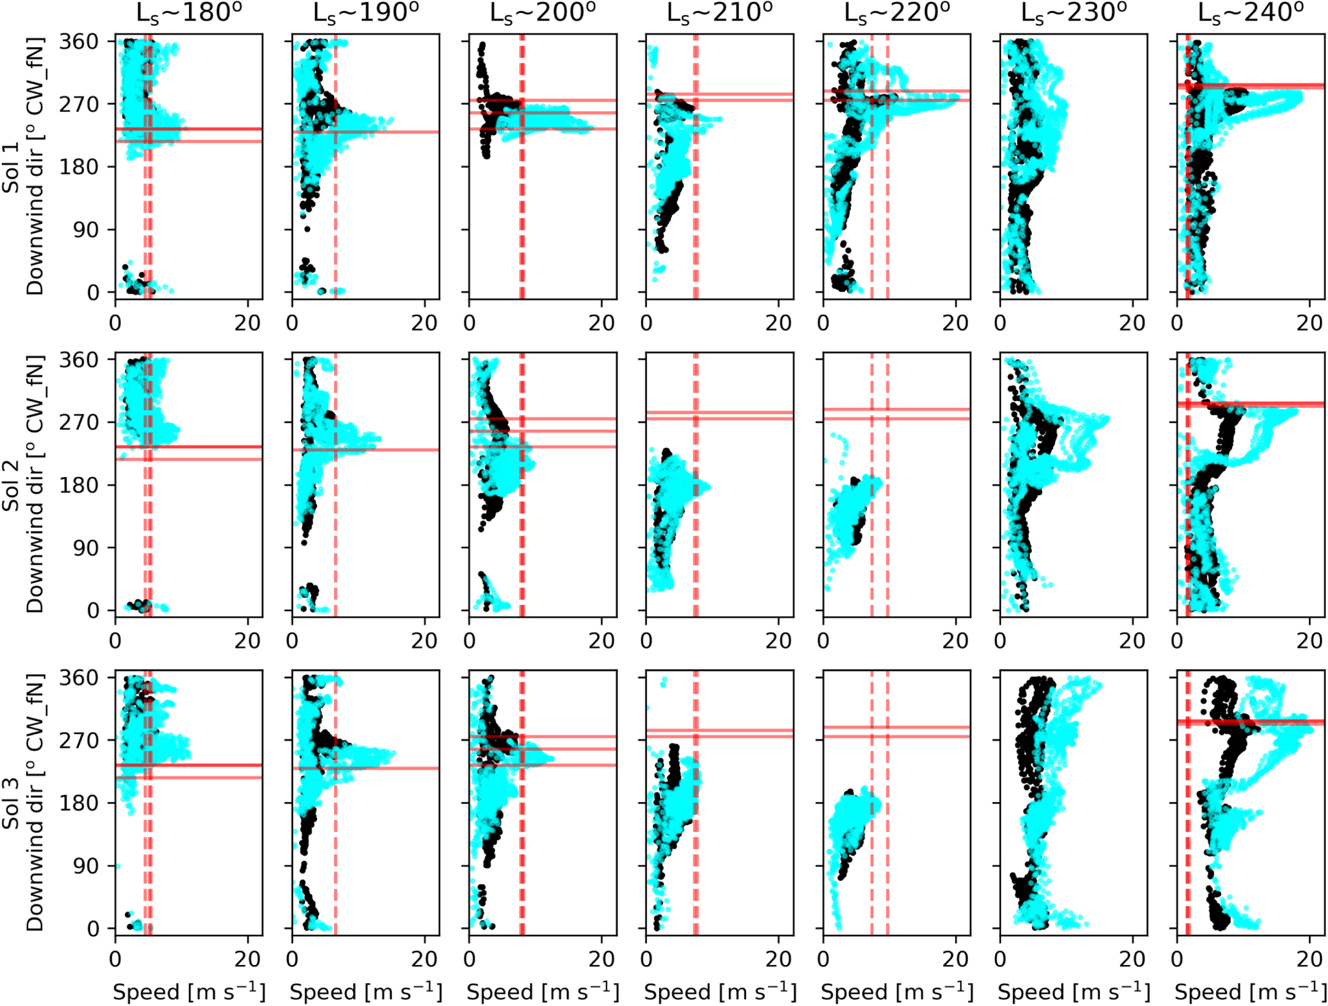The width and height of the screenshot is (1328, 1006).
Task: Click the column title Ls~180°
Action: [x=188, y=13]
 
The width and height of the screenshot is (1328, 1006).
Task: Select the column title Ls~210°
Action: [x=719, y=13]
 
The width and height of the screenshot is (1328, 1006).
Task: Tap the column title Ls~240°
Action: [x=1250, y=13]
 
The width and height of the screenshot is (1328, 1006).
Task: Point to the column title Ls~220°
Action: [x=897, y=13]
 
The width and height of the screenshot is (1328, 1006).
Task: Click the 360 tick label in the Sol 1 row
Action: [x=78, y=42]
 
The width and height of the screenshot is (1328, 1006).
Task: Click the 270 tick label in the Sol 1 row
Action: [x=78, y=105]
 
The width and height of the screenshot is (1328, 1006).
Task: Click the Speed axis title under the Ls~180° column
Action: [x=188, y=991]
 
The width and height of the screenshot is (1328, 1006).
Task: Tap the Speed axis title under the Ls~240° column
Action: [x=1250, y=991]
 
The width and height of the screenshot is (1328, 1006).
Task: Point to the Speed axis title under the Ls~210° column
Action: [x=719, y=991]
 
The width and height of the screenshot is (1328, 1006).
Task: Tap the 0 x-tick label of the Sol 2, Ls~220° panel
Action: [x=823, y=641]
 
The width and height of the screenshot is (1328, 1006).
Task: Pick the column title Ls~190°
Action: [x=365, y=13]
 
